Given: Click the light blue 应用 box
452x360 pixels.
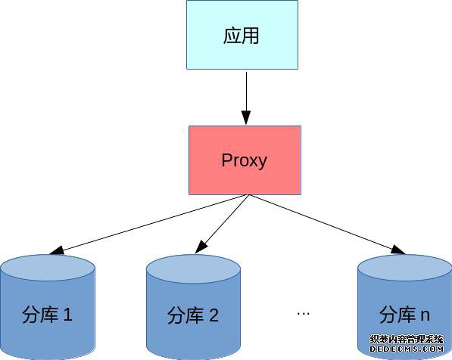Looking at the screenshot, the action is (x=242, y=35).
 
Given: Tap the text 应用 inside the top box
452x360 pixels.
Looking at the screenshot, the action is (x=241, y=36).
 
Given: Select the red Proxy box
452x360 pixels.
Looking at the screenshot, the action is (x=245, y=160).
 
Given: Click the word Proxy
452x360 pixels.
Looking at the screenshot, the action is (x=244, y=160).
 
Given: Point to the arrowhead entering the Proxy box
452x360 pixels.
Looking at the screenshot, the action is (x=246, y=117).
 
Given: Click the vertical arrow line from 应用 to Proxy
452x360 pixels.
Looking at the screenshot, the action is (x=246, y=98).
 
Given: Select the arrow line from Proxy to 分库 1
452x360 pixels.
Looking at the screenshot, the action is (x=148, y=225).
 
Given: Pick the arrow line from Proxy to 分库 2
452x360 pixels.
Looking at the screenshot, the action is (x=222, y=224).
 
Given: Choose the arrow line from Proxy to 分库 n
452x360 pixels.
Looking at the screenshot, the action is (x=327, y=225).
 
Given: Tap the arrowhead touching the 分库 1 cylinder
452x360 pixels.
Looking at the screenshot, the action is (x=57, y=250).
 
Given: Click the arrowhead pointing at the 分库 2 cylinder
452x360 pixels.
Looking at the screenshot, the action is (x=201, y=247).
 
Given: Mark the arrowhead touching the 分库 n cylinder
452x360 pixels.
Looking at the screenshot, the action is (x=397, y=250).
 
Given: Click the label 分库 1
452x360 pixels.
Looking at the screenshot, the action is (x=47, y=315).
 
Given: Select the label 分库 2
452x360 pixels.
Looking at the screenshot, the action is (x=193, y=315).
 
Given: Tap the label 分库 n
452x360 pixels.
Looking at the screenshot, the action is (x=404, y=315).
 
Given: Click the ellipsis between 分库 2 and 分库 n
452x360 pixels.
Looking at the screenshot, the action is (x=304, y=313).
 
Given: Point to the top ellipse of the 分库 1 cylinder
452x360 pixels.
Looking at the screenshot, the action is (x=48, y=268).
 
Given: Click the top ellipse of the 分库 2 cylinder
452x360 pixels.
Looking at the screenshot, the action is (x=193, y=268).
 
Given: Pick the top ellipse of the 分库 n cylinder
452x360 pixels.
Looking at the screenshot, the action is (x=405, y=268).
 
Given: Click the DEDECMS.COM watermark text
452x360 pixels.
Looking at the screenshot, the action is (x=407, y=349).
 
